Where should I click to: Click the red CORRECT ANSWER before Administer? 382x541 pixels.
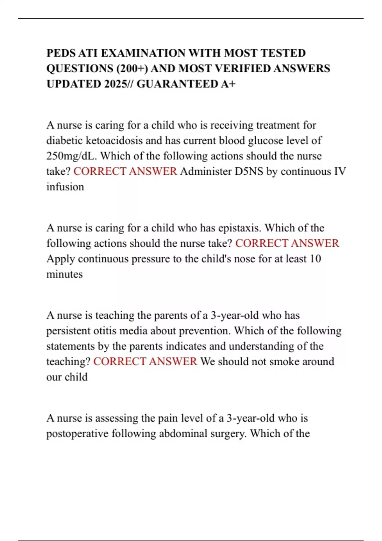click(x=125, y=171)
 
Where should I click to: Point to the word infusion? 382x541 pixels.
click(x=65, y=187)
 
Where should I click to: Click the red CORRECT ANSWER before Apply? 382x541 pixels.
click(x=287, y=243)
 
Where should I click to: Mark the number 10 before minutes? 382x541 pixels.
click(x=315, y=259)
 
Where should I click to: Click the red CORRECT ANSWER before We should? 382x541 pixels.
click(x=145, y=362)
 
